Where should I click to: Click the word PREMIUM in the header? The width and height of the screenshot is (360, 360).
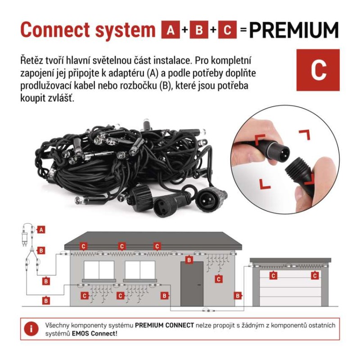(294, 30)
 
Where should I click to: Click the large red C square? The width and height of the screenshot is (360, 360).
(318, 70)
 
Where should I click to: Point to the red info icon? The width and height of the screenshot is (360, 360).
(31, 329)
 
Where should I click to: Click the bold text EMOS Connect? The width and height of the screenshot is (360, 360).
(94, 333)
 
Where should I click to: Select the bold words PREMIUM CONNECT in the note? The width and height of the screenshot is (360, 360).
(164, 325)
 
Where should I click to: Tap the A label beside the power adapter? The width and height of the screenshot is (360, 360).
(41, 229)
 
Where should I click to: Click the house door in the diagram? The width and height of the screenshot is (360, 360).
(192, 284)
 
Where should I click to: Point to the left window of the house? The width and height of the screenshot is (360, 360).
(99, 270)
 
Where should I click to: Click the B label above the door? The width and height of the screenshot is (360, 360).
(189, 260)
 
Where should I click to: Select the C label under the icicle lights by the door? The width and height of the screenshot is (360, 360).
(218, 279)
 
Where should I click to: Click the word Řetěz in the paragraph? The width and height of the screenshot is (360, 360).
(30, 60)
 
